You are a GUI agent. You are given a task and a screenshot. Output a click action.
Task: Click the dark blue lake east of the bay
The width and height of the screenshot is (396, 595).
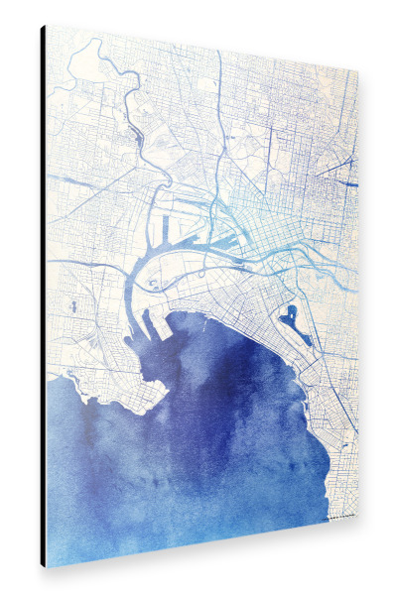[x=289, y=318]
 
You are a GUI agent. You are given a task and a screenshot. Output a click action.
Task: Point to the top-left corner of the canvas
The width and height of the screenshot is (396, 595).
[x=46, y=26]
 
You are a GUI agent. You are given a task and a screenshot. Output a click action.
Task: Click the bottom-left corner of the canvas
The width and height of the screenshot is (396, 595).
[x=46, y=566]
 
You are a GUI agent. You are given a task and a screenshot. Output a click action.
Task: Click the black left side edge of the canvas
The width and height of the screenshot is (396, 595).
[x=43, y=297]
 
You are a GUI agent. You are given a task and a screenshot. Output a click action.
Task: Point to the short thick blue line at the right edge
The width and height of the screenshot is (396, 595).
[x=348, y=184]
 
